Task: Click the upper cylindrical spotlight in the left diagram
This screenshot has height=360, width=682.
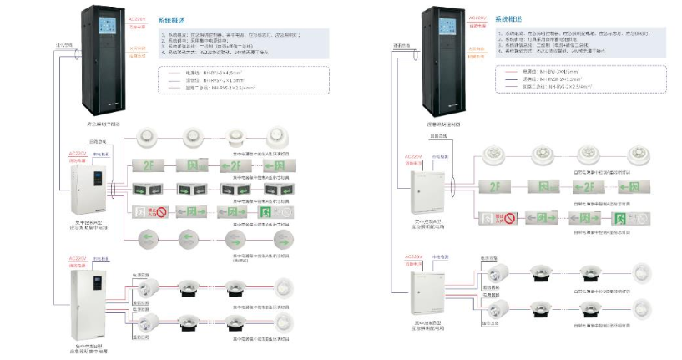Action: [x=147, y=286]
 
